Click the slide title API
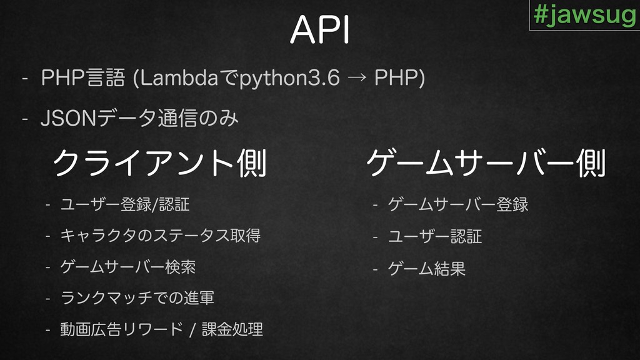(320, 30)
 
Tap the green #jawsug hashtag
(585, 15)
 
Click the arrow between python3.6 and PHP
(357, 77)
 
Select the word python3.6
(289, 78)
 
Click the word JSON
(67, 118)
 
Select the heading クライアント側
(159, 163)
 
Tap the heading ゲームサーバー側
(486, 163)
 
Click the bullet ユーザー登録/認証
(125, 204)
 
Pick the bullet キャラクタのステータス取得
(161, 236)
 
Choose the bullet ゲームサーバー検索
(128, 267)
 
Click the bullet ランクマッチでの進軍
(137, 298)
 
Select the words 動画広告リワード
(122, 329)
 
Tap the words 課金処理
(232, 329)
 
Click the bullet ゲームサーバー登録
(458, 204)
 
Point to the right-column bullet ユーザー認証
(435, 236)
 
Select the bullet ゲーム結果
(426, 268)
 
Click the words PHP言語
(83, 77)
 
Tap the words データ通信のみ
(167, 118)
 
